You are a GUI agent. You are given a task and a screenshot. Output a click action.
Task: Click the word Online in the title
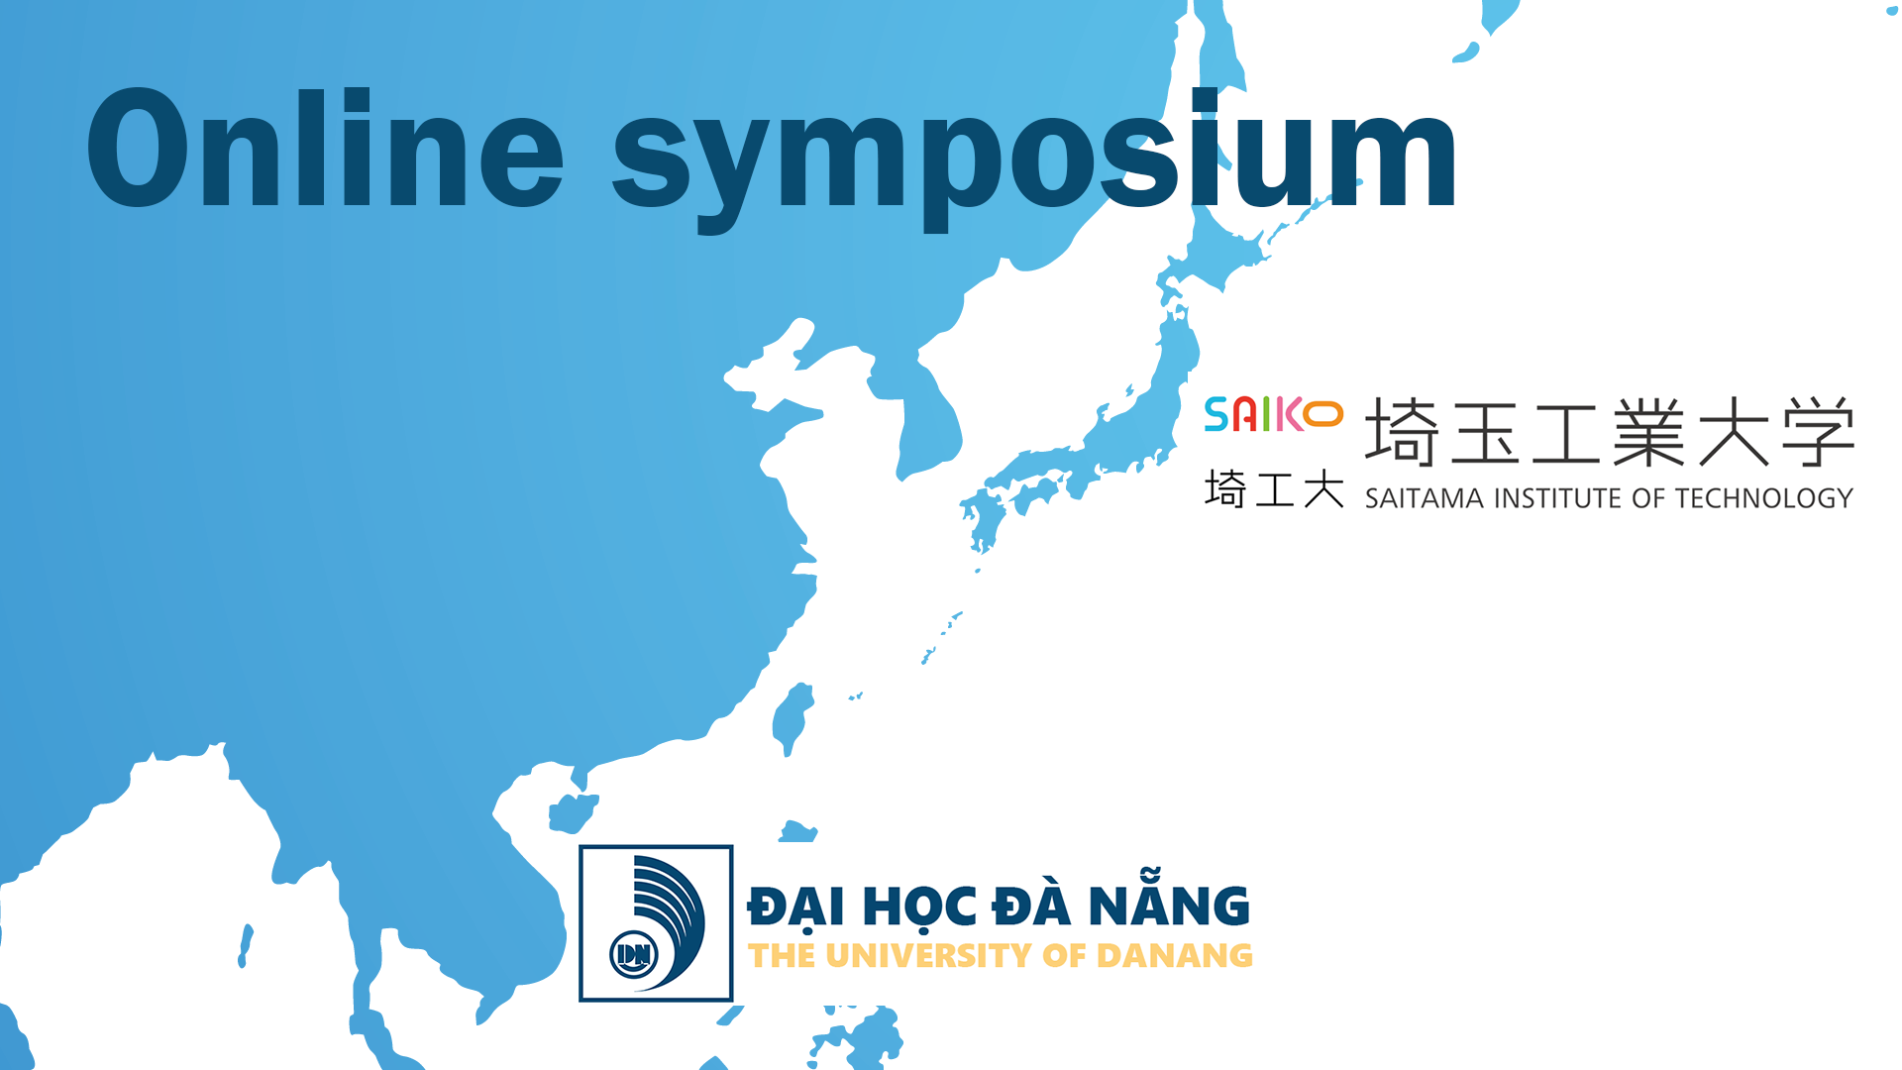pos(326,149)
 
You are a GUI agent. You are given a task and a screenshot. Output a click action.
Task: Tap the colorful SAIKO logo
pos(1274,414)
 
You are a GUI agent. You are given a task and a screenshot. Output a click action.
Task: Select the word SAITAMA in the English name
pos(1425,497)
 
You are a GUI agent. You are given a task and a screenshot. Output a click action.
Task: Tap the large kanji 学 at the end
pos(1818,432)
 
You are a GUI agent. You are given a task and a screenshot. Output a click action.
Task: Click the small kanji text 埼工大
pos(1274,488)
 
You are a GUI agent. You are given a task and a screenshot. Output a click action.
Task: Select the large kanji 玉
pos(1484,433)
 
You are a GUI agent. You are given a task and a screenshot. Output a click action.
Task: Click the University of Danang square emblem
pos(656,923)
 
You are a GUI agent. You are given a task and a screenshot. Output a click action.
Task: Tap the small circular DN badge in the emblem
pos(634,955)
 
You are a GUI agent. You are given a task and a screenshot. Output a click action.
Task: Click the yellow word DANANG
pos(1175,955)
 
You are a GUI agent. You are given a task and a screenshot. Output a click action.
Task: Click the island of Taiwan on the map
pos(792,717)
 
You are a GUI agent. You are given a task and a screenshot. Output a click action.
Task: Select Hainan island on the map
pos(574,813)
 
